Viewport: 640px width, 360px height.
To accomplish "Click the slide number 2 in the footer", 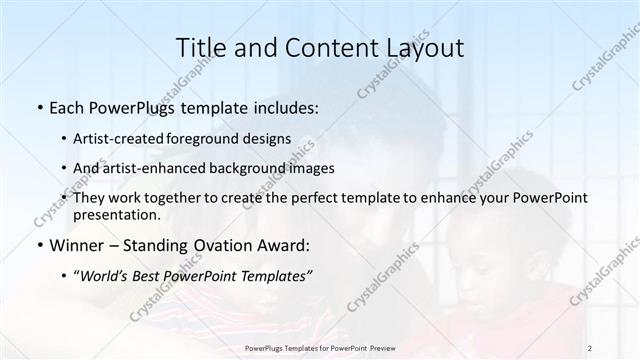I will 590,348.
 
